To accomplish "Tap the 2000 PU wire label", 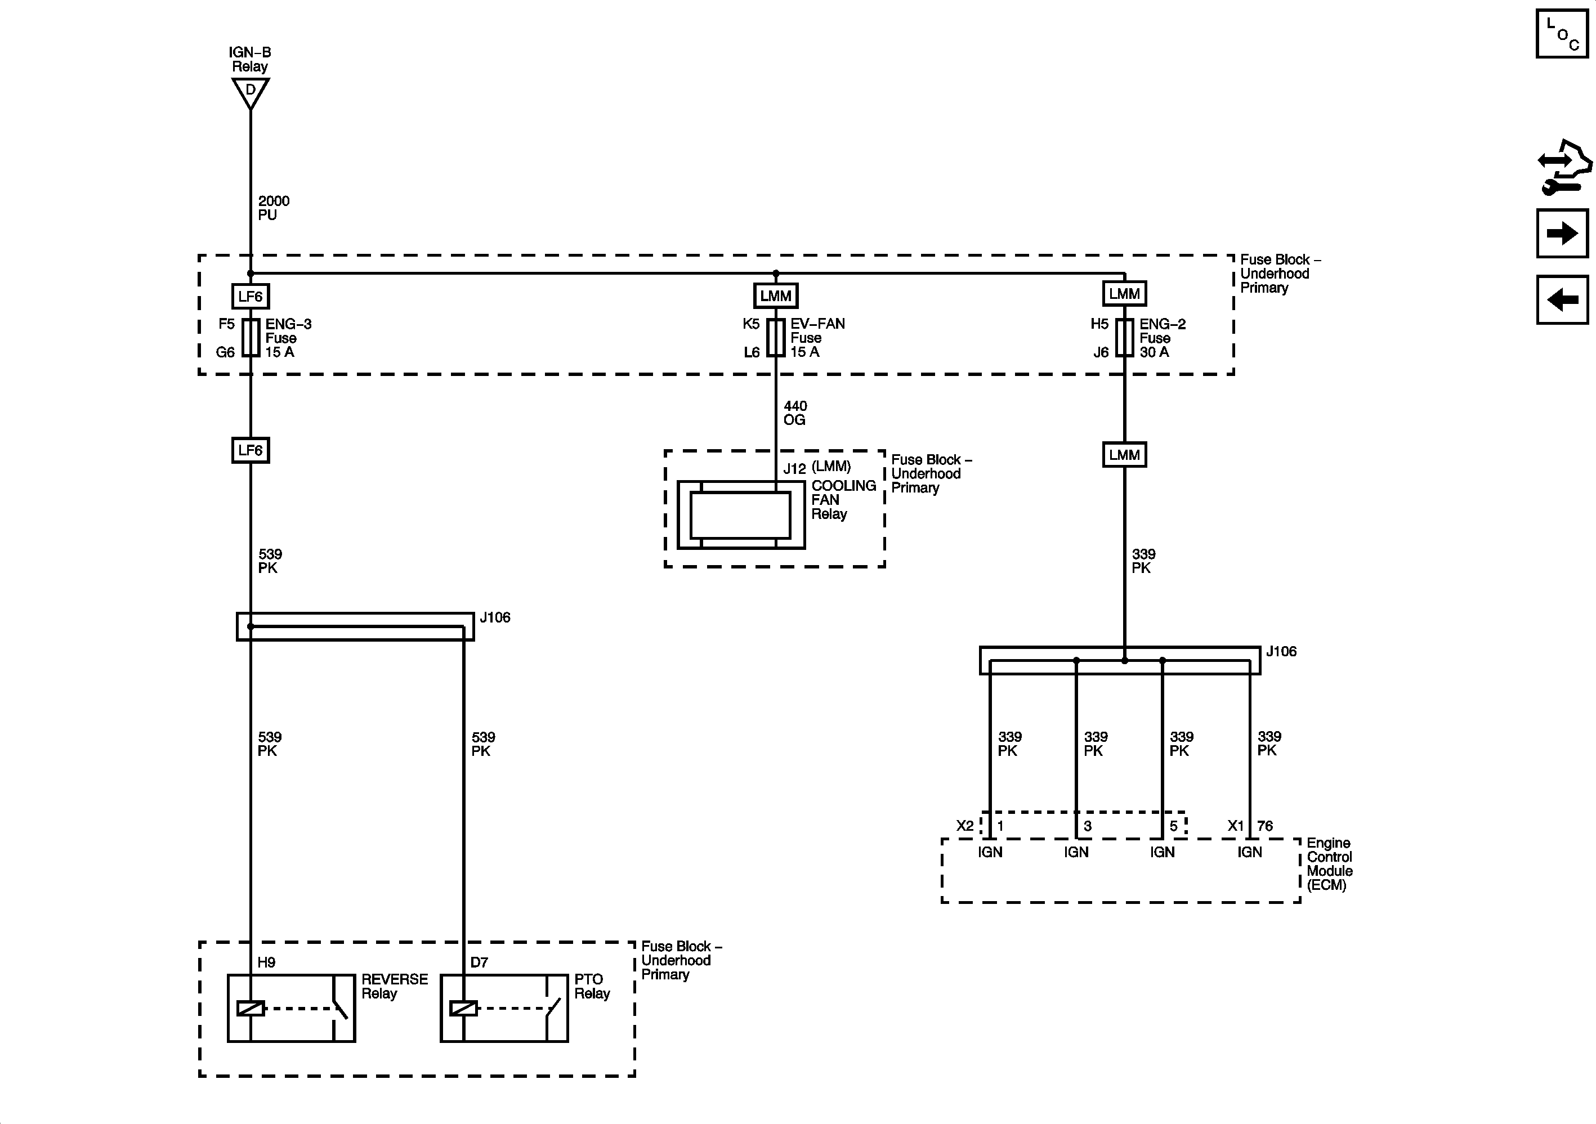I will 273,208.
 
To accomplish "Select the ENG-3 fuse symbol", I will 251,338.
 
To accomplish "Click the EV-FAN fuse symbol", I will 776,337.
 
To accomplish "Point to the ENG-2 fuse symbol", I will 1124,338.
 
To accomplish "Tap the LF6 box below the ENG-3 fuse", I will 251,450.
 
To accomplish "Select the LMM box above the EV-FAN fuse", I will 776,295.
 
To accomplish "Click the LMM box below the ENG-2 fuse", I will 1124,455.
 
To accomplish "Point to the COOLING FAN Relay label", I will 843,500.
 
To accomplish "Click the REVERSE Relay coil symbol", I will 251,1008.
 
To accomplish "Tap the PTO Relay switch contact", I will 554,1007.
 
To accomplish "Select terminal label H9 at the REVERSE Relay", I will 266,962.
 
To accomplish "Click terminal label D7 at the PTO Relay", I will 479,962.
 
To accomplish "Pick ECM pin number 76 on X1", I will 1264,826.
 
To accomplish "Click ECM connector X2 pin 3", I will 1087,826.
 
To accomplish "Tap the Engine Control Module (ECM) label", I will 1329,864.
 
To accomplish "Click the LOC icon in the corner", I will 1562,34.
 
